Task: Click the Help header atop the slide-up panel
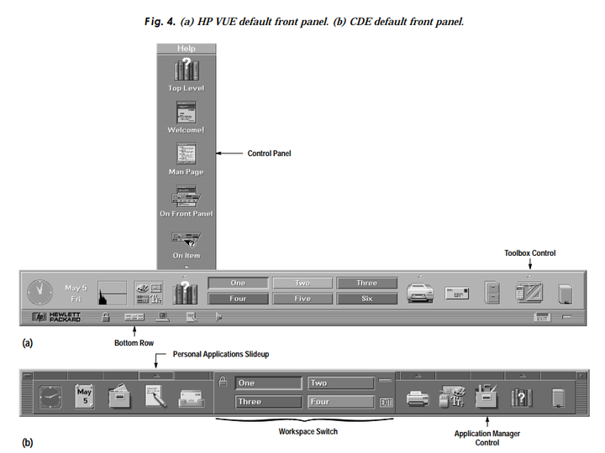coord(186,49)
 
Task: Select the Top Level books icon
coord(186,69)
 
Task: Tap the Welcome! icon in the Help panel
coord(186,112)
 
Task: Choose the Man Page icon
coord(186,154)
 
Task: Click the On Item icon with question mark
coord(186,238)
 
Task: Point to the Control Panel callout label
coord(268,154)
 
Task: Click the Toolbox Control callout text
coord(529,253)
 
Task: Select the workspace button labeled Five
coord(302,298)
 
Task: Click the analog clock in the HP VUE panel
coord(39,292)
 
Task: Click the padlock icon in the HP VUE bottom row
coord(106,317)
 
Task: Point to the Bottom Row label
coord(134,343)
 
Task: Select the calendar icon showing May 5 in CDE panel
coord(84,395)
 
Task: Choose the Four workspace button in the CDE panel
coord(339,402)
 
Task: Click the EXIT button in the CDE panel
coord(387,403)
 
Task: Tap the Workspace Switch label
coord(308,431)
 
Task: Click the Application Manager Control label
coord(487,437)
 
